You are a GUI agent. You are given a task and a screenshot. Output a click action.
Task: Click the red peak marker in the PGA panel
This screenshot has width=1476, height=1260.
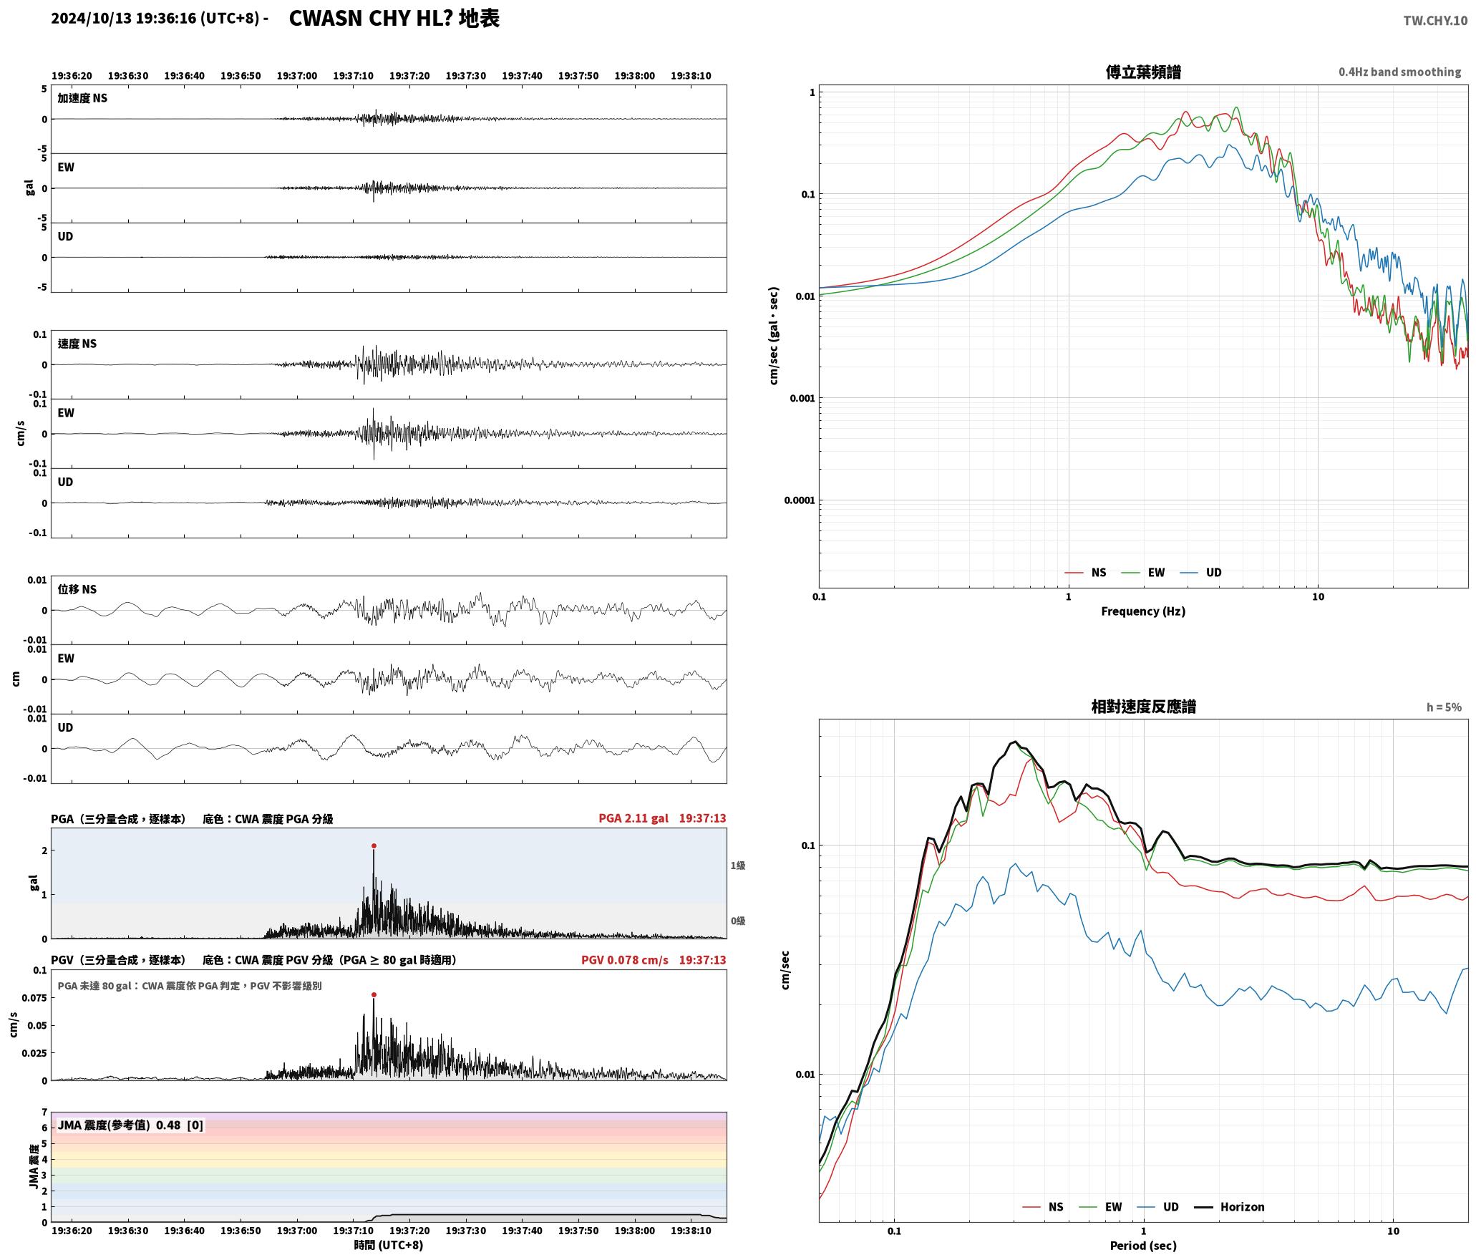click(374, 845)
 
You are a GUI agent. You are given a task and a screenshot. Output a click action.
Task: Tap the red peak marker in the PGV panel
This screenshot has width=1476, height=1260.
click(374, 994)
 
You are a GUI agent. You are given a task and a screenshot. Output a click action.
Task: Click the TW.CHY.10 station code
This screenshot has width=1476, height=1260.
click(1434, 20)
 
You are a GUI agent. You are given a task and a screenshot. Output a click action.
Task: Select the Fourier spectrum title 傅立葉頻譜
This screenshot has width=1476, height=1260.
click(1143, 72)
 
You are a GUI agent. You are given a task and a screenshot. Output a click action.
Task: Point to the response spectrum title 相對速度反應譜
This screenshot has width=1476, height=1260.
click(1143, 706)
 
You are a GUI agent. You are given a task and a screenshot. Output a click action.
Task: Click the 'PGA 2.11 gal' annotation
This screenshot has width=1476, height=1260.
click(633, 818)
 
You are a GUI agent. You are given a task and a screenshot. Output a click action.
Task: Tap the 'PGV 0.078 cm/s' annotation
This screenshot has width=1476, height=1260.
click(624, 959)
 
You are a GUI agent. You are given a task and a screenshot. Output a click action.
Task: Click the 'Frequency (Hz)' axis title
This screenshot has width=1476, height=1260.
click(1143, 611)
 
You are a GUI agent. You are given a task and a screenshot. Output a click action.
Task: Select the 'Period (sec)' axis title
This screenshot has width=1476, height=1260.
click(1143, 1245)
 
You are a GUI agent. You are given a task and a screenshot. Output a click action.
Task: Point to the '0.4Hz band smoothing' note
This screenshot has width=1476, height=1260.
click(1399, 72)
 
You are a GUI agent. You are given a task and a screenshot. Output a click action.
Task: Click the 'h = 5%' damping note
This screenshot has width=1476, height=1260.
click(1444, 707)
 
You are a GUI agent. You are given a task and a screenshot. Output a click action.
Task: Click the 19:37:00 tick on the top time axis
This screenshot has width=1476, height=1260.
click(296, 75)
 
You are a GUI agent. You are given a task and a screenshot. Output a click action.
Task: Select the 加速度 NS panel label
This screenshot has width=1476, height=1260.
click(82, 98)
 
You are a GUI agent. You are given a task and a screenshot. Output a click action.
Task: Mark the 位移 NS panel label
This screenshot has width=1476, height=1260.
click(77, 589)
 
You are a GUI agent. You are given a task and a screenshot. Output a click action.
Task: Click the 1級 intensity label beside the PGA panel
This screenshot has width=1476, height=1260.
click(738, 866)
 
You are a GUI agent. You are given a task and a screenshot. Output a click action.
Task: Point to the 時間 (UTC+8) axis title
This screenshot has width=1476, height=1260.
click(388, 1245)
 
